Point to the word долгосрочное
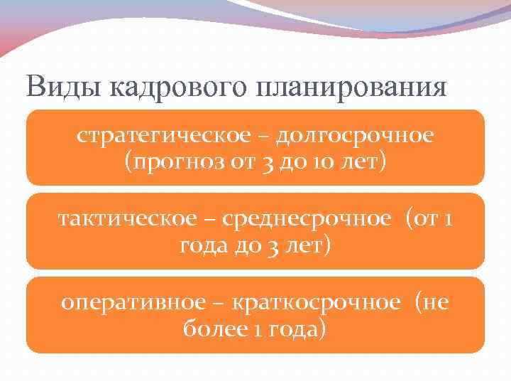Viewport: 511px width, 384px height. point(354,135)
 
